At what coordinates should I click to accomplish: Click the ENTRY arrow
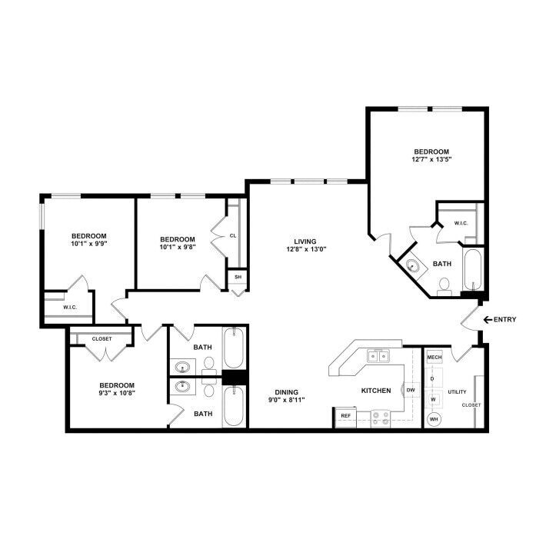pyautogui.click(x=488, y=320)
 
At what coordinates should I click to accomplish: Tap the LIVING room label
pyautogui.click(x=305, y=241)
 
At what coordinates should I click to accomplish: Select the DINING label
pyautogui.click(x=287, y=392)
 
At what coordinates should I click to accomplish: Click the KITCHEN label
pyautogui.click(x=376, y=391)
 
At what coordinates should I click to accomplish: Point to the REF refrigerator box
pyautogui.click(x=346, y=416)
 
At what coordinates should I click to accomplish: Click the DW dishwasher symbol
pyautogui.click(x=411, y=390)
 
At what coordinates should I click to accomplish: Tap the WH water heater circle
pyautogui.click(x=434, y=419)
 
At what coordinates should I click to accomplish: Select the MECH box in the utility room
pyautogui.click(x=434, y=358)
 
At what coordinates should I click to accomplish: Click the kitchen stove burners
pyautogui.click(x=381, y=418)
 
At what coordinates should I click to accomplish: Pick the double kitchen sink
pyautogui.click(x=378, y=356)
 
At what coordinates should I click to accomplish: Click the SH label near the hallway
pyautogui.click(x=238, y=277)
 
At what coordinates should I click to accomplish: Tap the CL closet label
pyautogui.click(x=233, y=236)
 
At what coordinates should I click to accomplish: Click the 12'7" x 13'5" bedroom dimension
pyautogui.click(x=431, y=159)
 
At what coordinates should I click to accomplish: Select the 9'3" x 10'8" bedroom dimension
pyautogui.click(x=117, y=393)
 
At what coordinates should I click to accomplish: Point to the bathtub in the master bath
pyautogui.click(x=473, y=270)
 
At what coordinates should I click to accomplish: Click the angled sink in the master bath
pyautogui.click(x=413, y=265)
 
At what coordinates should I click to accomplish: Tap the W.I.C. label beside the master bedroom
pyautogui.click(x=461, y=224)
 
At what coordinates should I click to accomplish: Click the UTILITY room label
pyautogui.click(x=457, y=392)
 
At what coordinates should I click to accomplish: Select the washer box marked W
pyautogui.click(x=433, y=399)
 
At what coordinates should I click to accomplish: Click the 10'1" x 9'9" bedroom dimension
pyautogui.click(x=89, y=244)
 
